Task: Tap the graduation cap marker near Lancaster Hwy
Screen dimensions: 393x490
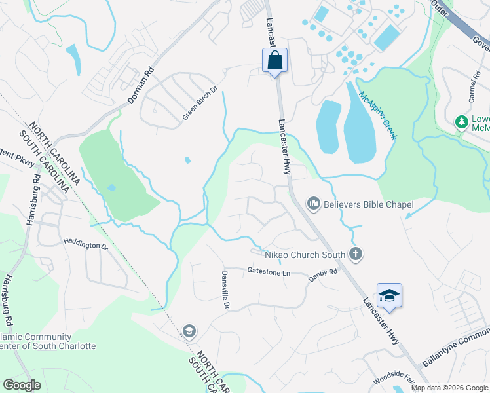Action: [389, 295]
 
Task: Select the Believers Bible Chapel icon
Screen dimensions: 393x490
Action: [313, 205]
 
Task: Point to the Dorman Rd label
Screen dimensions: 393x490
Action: [140, 84]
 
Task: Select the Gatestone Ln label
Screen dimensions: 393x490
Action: [269, 271]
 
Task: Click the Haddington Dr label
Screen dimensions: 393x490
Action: [85, 244]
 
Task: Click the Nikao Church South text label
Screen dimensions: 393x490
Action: [305, 254]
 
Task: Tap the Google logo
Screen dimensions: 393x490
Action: [22, 385]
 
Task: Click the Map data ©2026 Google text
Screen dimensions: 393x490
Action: [449, 388]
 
